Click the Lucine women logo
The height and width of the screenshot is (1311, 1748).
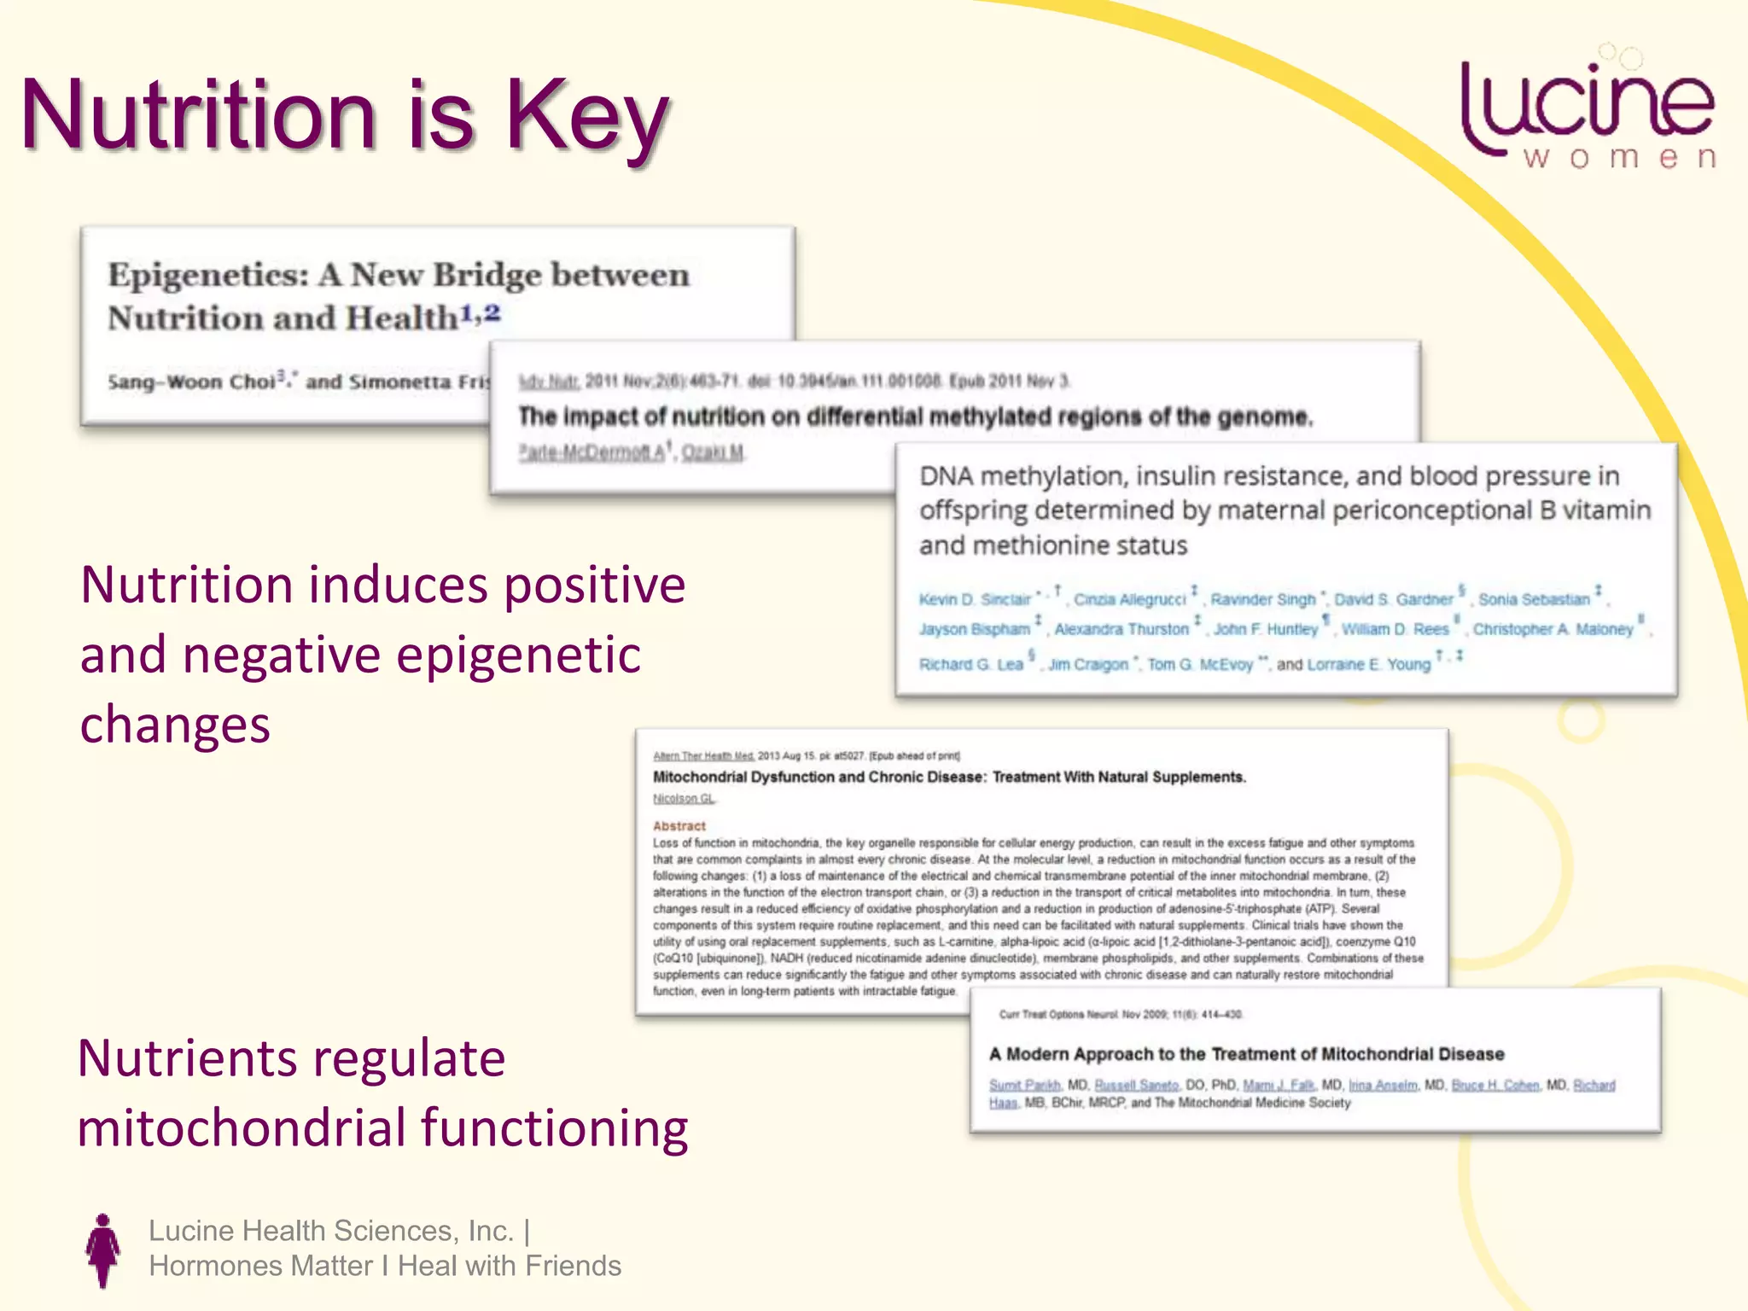point(1588,111)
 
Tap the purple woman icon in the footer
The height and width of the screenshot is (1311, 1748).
point(103,1250)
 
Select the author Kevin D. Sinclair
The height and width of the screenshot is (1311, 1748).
point(975,599)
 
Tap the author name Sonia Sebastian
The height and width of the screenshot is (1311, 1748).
point(1534,599)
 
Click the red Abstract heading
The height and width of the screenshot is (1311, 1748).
point(679,825)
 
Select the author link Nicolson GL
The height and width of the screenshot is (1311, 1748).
point(684,798)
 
